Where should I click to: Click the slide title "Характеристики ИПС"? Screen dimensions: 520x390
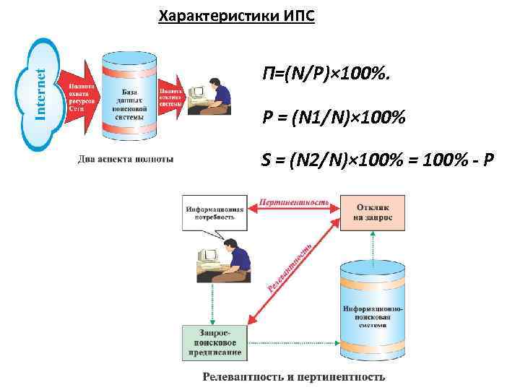coord(236,15)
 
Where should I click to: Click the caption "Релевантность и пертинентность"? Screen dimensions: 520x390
coord(293,376)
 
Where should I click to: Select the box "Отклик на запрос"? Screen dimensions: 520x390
coord(373,212)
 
